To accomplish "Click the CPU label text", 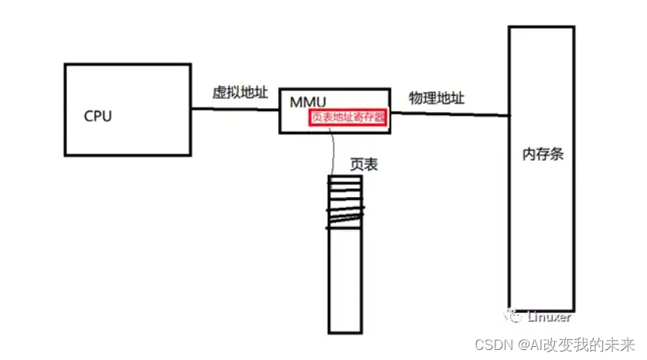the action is click(x=98, y=117).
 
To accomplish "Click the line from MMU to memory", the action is click(x=448, y=114).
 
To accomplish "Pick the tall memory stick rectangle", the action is click(x=541, y=232).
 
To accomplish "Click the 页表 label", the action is click(x=363, y=165).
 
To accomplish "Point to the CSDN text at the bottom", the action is click(x=491, y=344).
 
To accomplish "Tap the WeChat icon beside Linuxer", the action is click(x=513, y=317).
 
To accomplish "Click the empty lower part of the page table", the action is click(x=345, y=286).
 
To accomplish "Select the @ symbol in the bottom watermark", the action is click(x=523, y=344).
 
